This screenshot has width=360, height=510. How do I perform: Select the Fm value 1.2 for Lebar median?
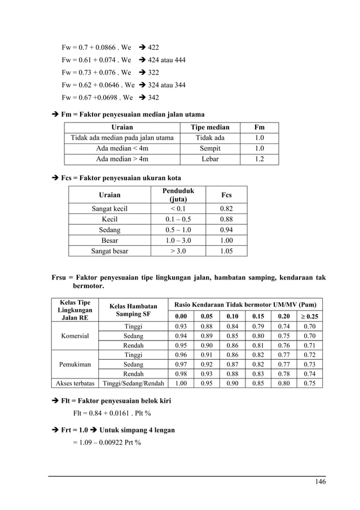point(259,159)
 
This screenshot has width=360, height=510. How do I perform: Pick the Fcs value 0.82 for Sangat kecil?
point(226,208)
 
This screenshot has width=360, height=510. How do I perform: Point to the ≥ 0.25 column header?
point(309,316)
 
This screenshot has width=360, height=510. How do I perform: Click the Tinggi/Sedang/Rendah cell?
point(133,383)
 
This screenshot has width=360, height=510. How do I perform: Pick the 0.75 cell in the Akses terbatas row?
point(309,383)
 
